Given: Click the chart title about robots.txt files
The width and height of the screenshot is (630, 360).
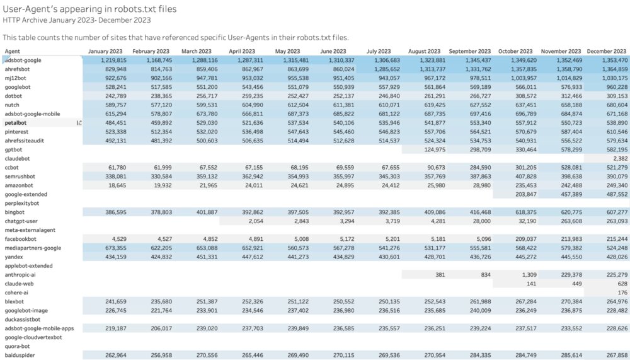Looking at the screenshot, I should (x=89, y=9).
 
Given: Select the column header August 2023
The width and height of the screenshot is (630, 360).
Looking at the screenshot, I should (x=424, y=51).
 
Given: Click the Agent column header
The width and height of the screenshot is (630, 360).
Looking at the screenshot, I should (x=13, y=51).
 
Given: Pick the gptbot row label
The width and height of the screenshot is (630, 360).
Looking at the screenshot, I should (x=14, y=150).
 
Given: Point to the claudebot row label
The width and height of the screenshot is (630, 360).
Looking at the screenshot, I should (x=17, y=159).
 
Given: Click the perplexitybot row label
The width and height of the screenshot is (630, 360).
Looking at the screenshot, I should (x=22, y=204).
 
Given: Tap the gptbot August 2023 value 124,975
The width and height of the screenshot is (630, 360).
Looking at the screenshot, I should (x=431, y=150).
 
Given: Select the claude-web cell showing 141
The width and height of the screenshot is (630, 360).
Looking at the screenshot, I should (x=521, y=284).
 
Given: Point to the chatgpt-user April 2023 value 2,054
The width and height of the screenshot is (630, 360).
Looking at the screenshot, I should (x=248, y=221).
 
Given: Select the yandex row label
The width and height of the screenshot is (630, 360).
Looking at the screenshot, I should (x=14, y=257).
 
